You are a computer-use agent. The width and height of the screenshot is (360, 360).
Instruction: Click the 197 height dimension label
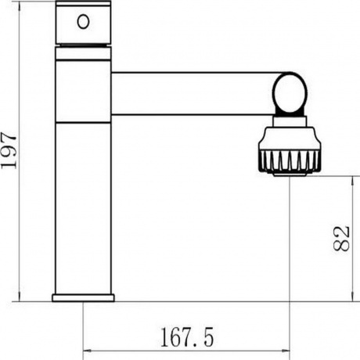(9, 150)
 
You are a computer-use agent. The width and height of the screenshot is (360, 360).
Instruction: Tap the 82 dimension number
(341, 239)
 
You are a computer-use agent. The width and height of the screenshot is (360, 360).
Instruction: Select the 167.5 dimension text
(187, 337)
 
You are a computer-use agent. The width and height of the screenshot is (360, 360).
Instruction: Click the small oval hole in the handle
(83, 22)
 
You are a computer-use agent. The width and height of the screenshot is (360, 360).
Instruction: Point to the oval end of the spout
(290, 93)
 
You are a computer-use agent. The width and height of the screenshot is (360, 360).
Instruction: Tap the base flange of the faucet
(83, 297)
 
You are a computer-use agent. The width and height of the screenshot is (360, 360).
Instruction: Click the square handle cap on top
(84, 23)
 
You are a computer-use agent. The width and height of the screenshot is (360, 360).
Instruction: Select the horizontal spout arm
(193, 93)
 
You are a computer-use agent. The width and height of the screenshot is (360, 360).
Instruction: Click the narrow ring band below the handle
(83, 53)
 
